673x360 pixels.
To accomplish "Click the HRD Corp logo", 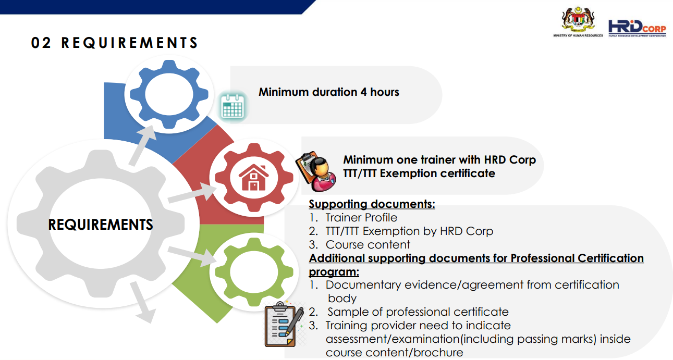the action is (637, 28).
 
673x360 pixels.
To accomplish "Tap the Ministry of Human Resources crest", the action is (578, 20).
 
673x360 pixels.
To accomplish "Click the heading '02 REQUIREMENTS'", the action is (115, 43).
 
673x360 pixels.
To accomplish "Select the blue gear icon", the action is (169, 94).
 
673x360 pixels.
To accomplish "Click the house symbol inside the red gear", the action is (254, 177).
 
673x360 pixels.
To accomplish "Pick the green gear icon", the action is (254, 272).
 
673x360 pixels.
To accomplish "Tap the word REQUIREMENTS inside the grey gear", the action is (100, 225).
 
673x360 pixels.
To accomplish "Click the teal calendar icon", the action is (232, 106).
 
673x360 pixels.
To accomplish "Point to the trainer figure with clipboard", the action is (316, 171).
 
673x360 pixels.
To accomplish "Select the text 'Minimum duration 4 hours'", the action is (329, 92).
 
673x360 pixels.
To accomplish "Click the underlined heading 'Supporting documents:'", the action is (372, 204).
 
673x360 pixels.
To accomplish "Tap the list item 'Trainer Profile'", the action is (361, 217).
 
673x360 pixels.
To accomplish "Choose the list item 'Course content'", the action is (368, 245).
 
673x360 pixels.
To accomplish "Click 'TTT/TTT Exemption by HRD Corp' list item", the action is (409, 231).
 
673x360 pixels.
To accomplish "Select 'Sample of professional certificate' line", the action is (418, 312).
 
